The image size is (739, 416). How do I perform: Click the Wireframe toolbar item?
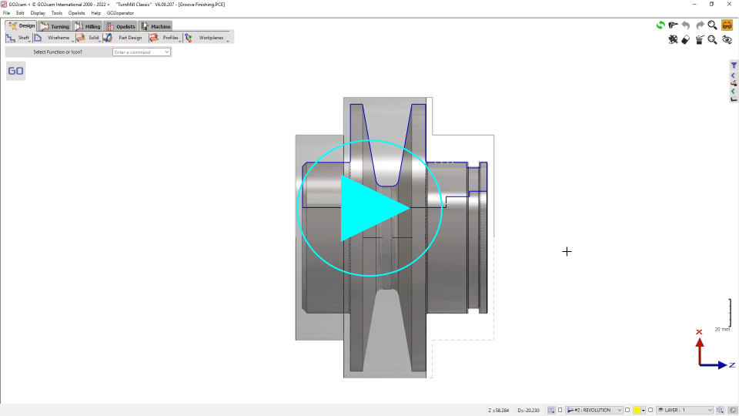coord(53,38)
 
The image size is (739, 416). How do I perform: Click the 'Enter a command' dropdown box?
coord(142,52)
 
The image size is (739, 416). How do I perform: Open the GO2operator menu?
coord(120,13)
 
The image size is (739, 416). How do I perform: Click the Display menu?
coord(38,13)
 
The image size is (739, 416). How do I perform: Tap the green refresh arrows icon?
coord(660,25)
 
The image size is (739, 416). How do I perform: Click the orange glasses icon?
coord(727,25)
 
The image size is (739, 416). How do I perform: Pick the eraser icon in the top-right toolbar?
coord(686,40)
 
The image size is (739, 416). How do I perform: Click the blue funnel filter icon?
coord(734,66)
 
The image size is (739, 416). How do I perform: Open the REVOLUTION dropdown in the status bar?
coord(594,410)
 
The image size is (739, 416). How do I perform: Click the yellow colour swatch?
coord(637,410)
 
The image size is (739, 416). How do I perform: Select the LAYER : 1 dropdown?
coord(684,410)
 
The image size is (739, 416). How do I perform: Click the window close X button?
coord(729,4)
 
